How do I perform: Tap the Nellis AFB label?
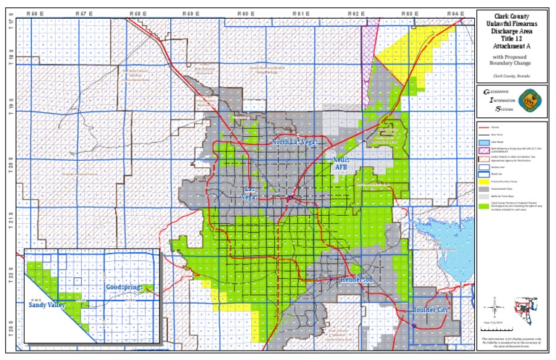pyautogui.click(x=341, y=163)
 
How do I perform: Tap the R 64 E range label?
pyautogui.click(x=455, y=14)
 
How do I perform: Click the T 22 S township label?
pyautogui.click(x=11, y=272)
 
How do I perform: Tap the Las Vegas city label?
pyautogui.click(x=248, y=193)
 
